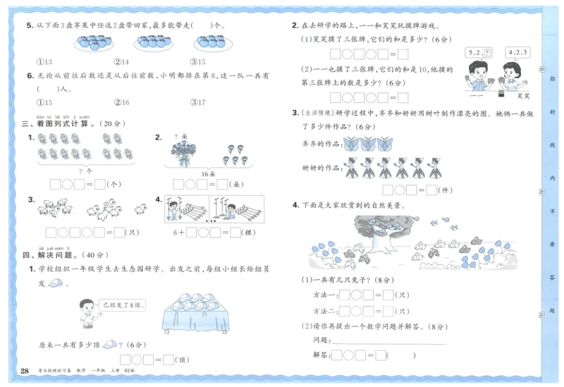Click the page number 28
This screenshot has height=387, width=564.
[x=25, y=371]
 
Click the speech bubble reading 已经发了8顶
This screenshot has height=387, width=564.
[x=116, y=305]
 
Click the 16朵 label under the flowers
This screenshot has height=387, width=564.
[x=206, y=171]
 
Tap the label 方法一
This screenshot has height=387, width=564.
[x=324, y=295]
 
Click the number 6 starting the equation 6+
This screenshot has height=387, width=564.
[x=174, y=231]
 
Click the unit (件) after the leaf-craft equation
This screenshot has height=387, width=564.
[x=446, y=190]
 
